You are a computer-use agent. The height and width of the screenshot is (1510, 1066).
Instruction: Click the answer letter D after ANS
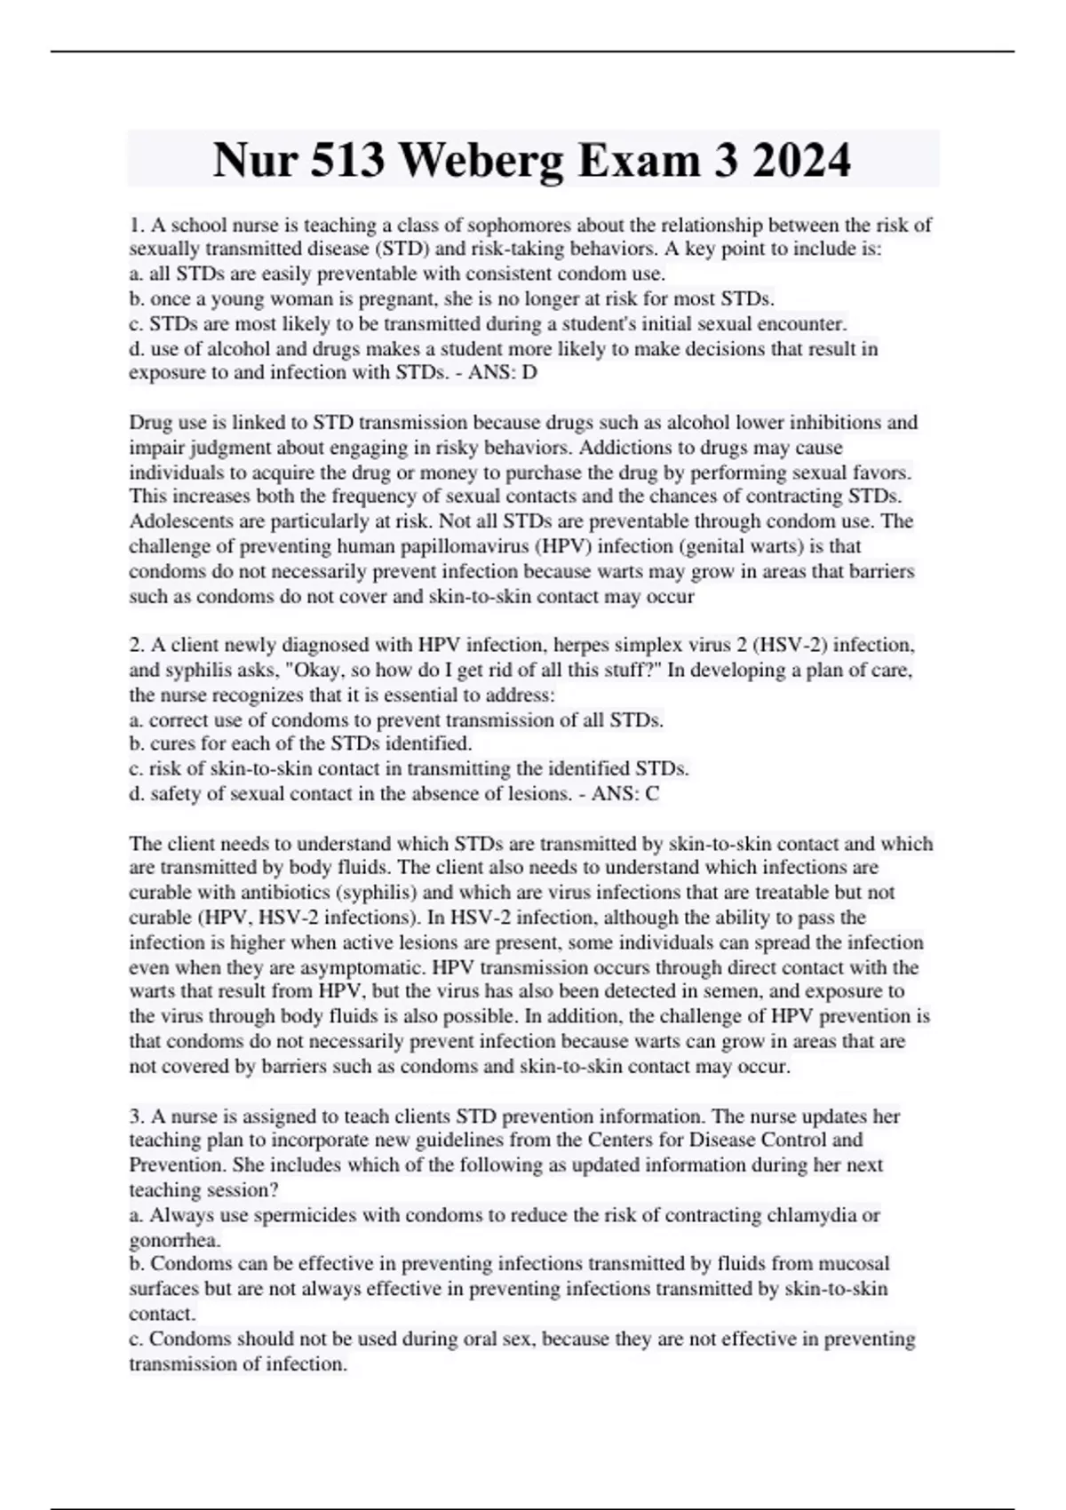530,373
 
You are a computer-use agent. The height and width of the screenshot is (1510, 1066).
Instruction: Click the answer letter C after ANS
653,794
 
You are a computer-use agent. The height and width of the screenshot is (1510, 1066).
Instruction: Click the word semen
716,991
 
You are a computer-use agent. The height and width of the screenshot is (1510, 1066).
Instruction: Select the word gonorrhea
174,1240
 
